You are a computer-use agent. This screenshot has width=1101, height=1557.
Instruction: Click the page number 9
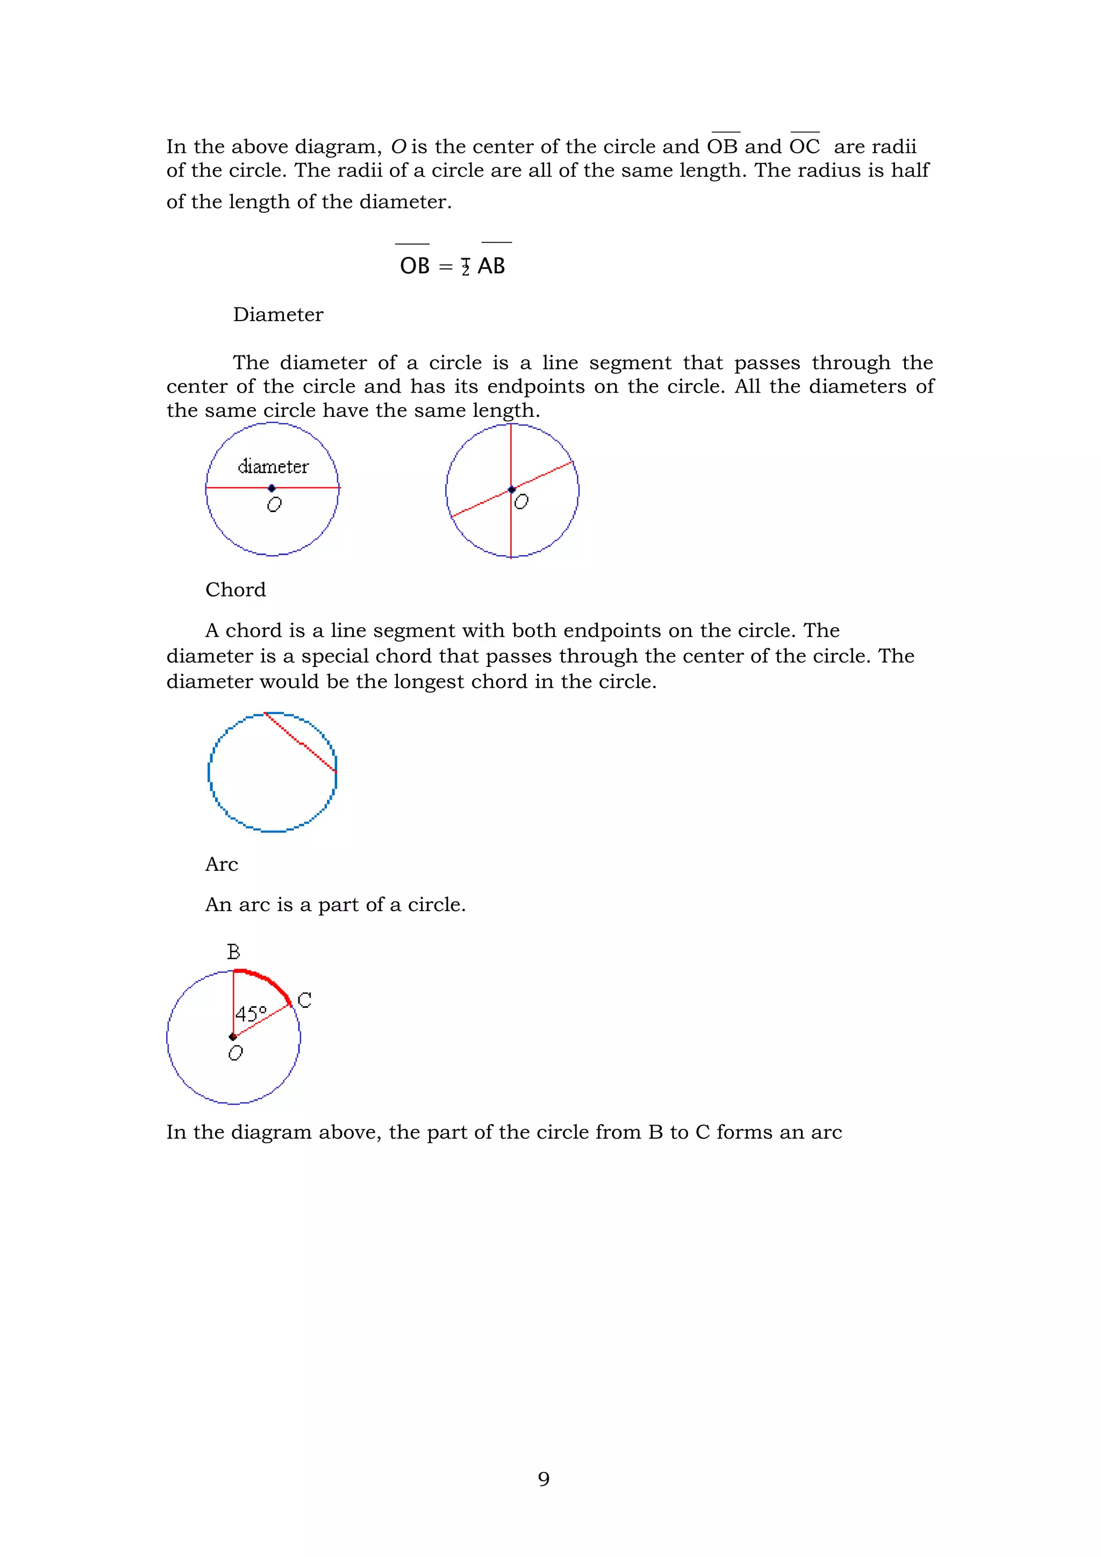pos(543,1479)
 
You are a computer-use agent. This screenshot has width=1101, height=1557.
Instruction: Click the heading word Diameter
pos(278,315)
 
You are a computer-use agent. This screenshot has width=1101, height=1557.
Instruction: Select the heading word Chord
pos(235,590)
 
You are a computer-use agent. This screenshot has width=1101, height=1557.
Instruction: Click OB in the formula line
pos(414,266)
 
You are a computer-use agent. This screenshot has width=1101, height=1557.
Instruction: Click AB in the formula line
pos(491,266)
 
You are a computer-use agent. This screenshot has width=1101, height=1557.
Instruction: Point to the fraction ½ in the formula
pos(465,267)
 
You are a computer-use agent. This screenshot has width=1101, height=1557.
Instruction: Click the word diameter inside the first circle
pos(273,466)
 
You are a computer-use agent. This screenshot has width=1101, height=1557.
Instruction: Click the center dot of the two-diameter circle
pos(512,489)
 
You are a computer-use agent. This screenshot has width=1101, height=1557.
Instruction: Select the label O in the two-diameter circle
pos(521,502)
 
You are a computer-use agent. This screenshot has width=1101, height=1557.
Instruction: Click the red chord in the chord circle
pos(301,743)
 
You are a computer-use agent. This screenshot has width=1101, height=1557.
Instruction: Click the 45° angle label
pos(251,1014)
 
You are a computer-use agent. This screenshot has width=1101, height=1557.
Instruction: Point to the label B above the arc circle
pos(233,952)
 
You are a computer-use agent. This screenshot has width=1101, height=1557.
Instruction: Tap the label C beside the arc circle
pos(304,1000)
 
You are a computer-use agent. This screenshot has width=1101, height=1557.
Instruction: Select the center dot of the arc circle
pos(233,1036)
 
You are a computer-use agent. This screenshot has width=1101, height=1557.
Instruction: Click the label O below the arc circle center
pos(235,1053)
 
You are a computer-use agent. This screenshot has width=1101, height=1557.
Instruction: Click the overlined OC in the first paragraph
pos(805,146)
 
